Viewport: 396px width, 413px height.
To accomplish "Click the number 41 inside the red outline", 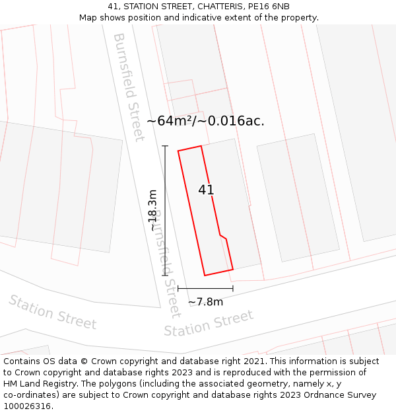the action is (206, 190).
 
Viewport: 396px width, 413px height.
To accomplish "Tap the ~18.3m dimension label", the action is (152, 210).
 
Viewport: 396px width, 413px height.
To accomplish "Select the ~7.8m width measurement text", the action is (205, 302).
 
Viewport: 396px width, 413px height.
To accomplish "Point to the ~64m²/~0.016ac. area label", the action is (205, 121).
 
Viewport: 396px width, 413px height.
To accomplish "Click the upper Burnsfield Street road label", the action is (129, 87).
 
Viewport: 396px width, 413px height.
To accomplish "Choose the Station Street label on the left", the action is (52, 312).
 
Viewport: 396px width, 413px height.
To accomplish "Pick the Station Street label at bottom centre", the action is (209, 323).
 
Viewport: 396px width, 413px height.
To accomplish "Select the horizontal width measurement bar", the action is (205, 289).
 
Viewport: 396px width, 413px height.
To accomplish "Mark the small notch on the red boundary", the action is (223, 237).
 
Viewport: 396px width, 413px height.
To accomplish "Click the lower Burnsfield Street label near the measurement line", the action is (165, 264).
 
